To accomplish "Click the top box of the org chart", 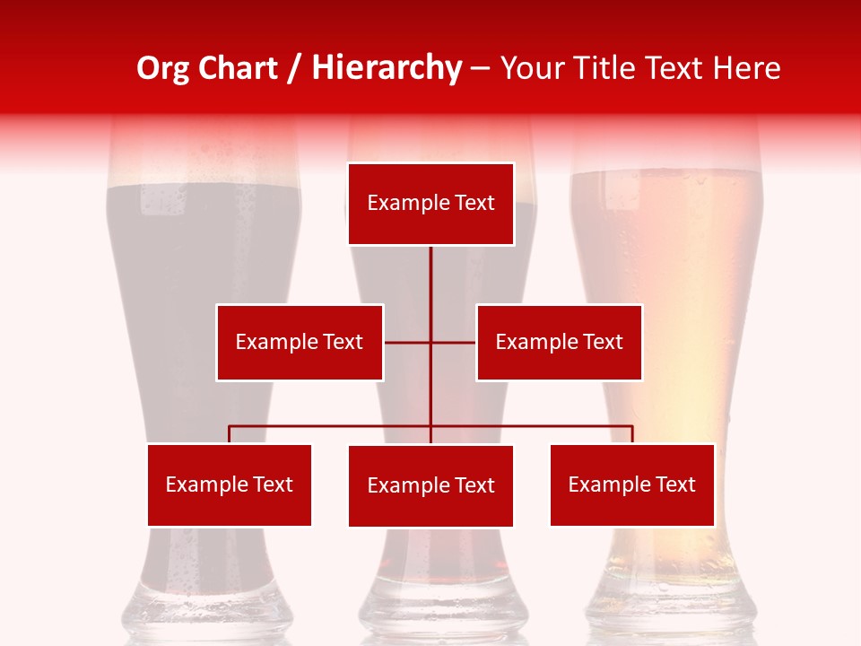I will (x=430, y=204).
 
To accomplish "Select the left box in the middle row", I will (x=300, y=342).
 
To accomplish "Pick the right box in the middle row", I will (x=559, y=342).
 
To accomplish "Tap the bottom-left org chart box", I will (x=229, y=484).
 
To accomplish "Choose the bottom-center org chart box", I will (x=430, y=485).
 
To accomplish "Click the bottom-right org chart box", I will (x=631, y=484).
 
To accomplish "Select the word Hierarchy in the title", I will (x=387, y=68).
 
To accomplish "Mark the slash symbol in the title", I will (x=294, y=68).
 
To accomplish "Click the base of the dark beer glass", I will (x=206, y=615).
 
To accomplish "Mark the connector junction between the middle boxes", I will (x=430, y=342).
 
